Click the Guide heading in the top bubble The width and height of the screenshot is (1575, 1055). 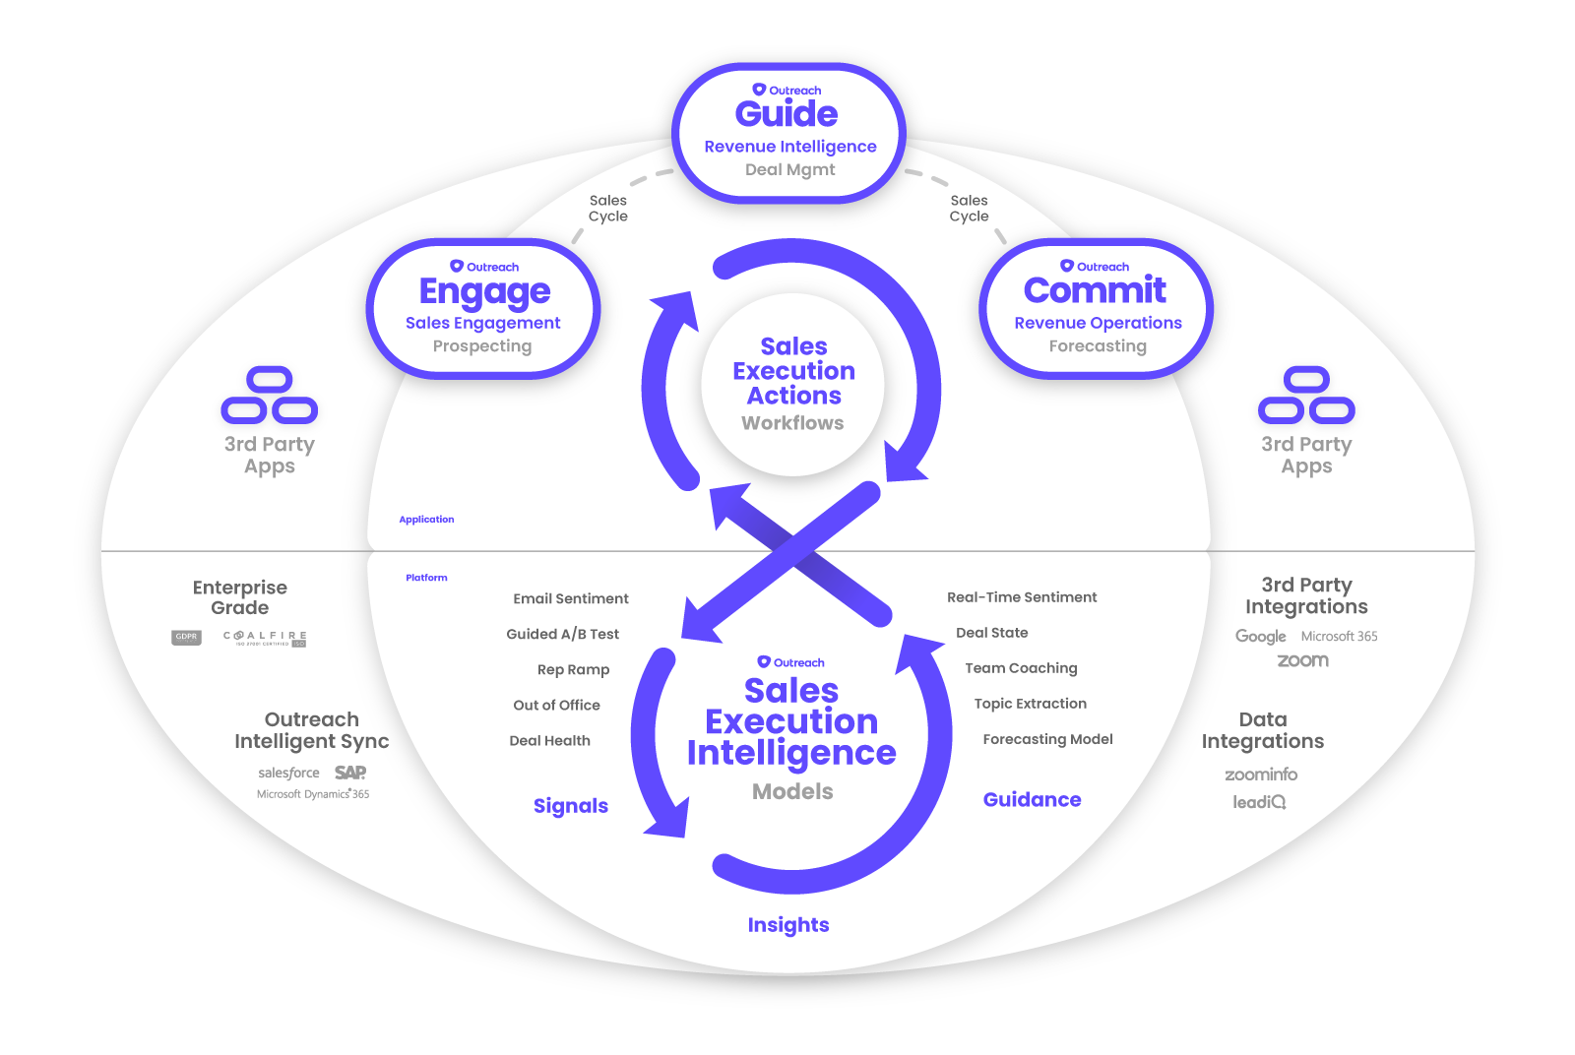coord(787,114)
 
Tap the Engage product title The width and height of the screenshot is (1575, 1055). coord(484,291)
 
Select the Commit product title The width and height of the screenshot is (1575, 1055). coord(1095,290)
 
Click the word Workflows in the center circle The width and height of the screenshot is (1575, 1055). coord(792,423)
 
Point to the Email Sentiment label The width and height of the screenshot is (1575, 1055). coord(570,598)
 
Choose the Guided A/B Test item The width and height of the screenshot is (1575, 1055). coord(562,634)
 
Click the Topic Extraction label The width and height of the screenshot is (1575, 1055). coord(1030,704)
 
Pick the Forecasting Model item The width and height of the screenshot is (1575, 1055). coord(1047,739)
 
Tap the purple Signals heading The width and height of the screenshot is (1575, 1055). coord(571,806)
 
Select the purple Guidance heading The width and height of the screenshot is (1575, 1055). coord(1032,800)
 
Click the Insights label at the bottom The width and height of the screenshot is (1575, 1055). coord(787,925)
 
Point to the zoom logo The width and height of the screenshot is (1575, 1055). coord(1302,660)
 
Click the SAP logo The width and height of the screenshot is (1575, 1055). coord(350,773)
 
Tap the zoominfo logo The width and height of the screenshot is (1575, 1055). coord(1261,775)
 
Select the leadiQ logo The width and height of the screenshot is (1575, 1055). coord(1259,802)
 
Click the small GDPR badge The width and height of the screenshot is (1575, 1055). coord(186,637)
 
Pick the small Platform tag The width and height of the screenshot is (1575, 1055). coord(426,578)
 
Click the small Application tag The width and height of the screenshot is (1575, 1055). coord(426,520)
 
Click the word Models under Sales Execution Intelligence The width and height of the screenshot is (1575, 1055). coord(792,792)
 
